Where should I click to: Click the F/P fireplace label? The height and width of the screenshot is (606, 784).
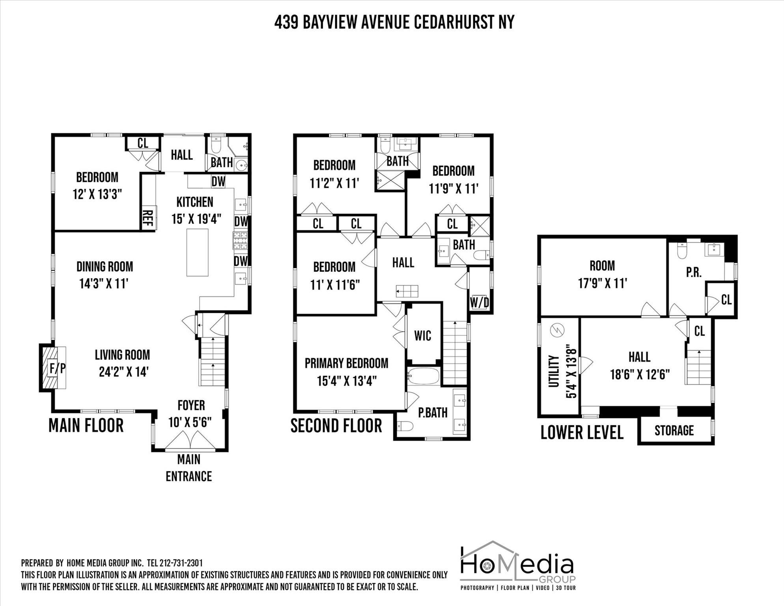pyautogui.click(x=57, y=368)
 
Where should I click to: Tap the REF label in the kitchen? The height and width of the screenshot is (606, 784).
pyautogui.click(x=147, y=218)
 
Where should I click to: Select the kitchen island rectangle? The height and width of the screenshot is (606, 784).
pyautogui.click(x=197, y=252)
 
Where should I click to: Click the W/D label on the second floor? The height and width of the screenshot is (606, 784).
pyautogui.click(x=480, y=303)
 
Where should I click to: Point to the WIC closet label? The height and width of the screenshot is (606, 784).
pyautogui.click(x=423, y=336)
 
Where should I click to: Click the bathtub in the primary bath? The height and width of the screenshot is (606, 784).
pyautogui.click(x=423, y=376)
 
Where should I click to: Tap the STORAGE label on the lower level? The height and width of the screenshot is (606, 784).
pyautogui.click(x=674, y=430)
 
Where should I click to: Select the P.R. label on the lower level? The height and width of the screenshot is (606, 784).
pyautogui.click(x=693, y=272)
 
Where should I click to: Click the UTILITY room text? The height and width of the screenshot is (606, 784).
pyautogui.click(x=554, y=371)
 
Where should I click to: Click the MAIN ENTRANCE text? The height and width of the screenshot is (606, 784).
pyautogui.click(x=189, y=468)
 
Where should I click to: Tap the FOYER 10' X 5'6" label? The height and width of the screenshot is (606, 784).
pyautogui.click(x=191, y=413)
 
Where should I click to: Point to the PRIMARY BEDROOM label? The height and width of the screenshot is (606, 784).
pyautogui.click(x=346, y=363)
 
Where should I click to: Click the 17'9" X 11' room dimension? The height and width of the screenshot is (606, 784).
pyautogui.click(x=602, y=283)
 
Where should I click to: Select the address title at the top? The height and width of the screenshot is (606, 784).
pyautogui.click(x=394, y=22)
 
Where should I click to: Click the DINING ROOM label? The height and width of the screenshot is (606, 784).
pyautogui.click(x=105, y=267)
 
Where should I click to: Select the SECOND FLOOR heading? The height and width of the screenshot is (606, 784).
pyautogui.click(x=336, y=426)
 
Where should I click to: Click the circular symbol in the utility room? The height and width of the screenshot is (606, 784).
pyautogui.click(x=559, y=329)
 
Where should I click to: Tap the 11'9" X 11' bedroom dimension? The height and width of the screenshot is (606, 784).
pyautogui.click(x=453, y=189)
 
